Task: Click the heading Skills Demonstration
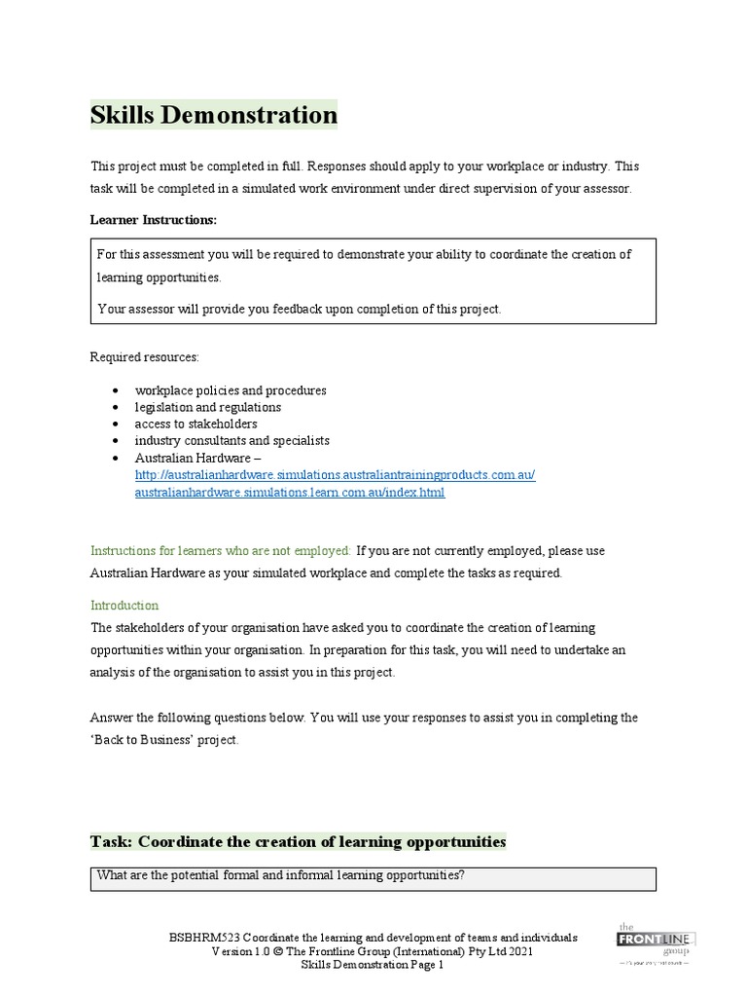pos(213,116)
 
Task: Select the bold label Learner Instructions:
pos(154,220)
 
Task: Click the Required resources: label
pos(144,357)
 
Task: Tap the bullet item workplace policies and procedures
pos(230,390)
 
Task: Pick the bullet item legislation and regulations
pos(207,407)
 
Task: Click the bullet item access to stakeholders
pos(196,424)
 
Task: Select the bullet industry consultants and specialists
pos(231,440)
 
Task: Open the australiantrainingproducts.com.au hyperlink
pos(335,475)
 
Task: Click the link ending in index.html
pos(289,492)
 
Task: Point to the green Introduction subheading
pos(124,605)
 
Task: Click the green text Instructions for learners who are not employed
pos(221,550)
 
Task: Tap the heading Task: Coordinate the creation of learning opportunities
pos(298,841)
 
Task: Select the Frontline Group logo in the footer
pos(656,942)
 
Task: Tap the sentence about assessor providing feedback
pos(300,309)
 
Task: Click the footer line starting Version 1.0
pos(373,951)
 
